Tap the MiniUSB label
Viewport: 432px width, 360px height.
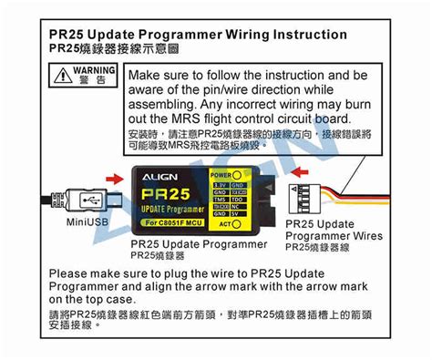click(x=89, y=221)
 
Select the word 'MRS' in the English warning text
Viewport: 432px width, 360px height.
click(x=177, y=119)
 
